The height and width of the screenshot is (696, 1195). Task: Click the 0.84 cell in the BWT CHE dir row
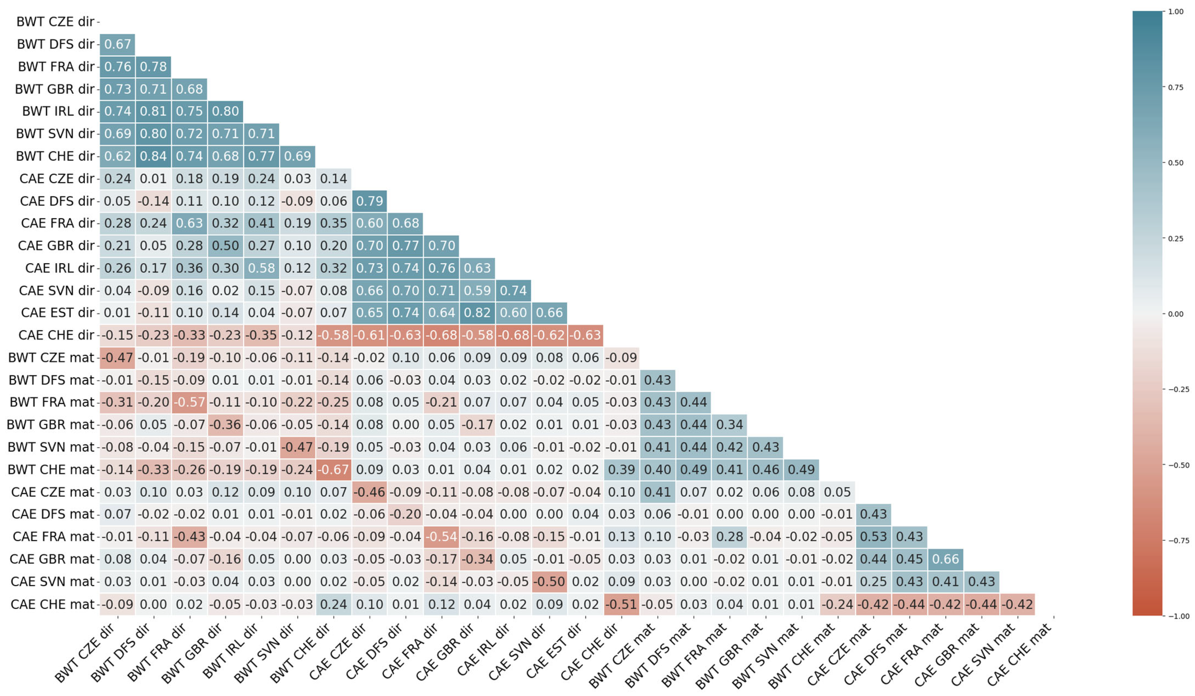[153, 156]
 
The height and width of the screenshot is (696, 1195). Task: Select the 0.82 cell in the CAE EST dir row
[477, 313]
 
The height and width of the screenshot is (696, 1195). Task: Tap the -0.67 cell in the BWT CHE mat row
[333, 469]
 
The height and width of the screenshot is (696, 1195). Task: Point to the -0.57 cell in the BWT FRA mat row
[189, 402]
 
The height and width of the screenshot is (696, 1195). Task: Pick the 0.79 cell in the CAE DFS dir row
[369, 201]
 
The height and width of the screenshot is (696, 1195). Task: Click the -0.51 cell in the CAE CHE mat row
[621, 604]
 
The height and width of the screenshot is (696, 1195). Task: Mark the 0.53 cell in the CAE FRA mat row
[873, 537]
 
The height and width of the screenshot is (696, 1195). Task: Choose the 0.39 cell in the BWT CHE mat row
[621, 469]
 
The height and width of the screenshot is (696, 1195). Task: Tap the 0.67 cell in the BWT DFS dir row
[117, 44]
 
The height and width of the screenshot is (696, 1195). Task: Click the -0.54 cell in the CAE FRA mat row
[441, 537]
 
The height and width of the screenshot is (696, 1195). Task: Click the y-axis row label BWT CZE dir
[55, 22]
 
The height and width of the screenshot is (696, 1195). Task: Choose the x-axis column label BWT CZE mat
[621, 656]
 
